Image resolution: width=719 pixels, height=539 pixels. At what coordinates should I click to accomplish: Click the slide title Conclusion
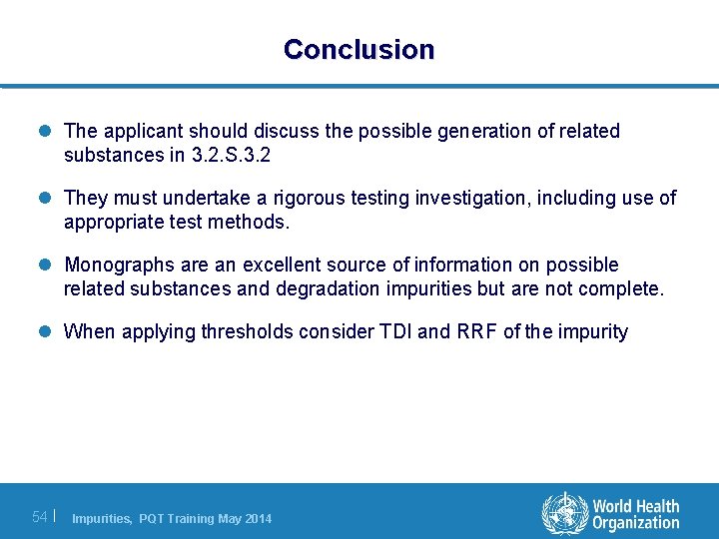[359, 49]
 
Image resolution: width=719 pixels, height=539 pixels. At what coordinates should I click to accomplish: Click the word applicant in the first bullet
[140, 131]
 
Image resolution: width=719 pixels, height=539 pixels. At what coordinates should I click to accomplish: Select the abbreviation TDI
[391, 331]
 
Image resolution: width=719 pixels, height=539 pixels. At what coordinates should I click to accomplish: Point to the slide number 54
[40, 516]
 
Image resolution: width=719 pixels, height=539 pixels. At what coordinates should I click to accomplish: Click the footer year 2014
[256, 518]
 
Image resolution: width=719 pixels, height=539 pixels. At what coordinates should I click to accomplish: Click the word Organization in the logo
[635, 523]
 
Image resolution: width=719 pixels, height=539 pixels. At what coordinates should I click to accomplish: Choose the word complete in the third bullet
[627, 289]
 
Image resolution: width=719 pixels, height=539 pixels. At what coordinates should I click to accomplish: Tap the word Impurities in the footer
[101, 518]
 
